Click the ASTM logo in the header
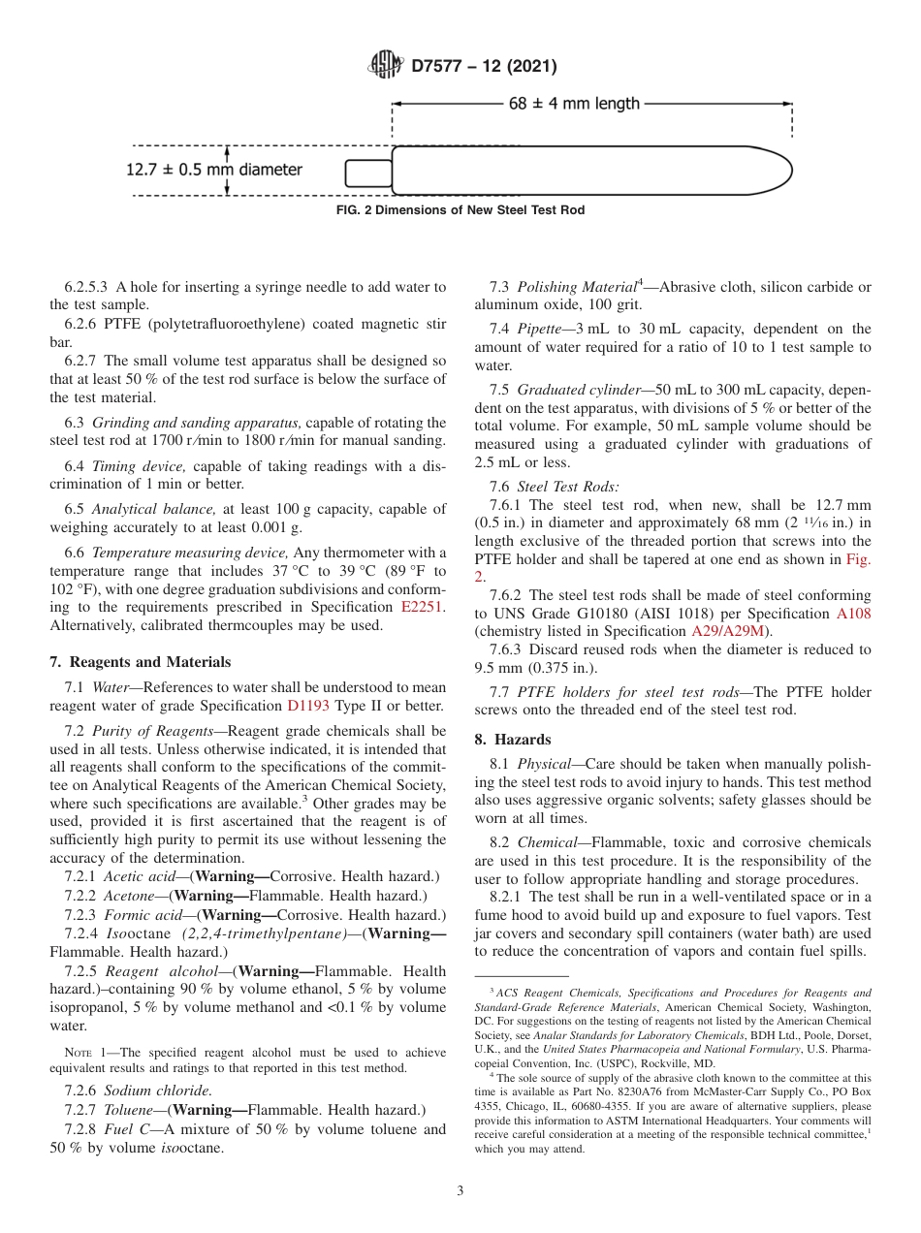coord(386,66)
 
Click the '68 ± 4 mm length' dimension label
coord(574,104)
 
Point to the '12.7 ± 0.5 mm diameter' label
coord(214,170)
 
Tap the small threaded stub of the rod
coord(366,173)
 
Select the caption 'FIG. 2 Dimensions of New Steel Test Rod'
coord(460,210)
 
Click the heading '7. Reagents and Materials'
coord(141,662)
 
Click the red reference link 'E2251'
coord(424,607)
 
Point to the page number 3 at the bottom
coord(460,1190)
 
